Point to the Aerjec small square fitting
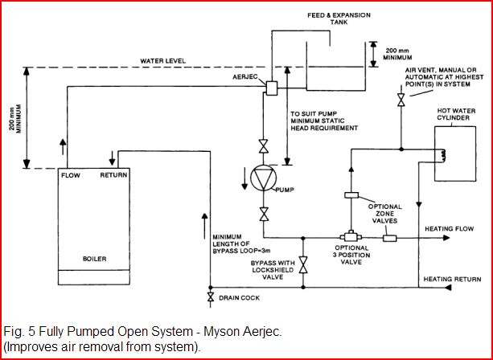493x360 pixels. pyautogui.click(x=271, y=87)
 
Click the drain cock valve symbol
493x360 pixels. pyautogui.click(x=210, y=298)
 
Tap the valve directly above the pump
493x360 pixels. pyautogui.click(x=263, y=146)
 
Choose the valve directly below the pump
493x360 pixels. pyautogui.click(x=263, y=214)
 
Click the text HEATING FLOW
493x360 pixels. pyautogui.click(x=449, y=231)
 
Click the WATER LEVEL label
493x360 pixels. pyautogui.click(x=163, y=60)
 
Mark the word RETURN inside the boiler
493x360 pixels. pyautogui.click(x=113, y=174)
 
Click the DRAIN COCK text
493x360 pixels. pyautogui.click(x=240, y=298)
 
